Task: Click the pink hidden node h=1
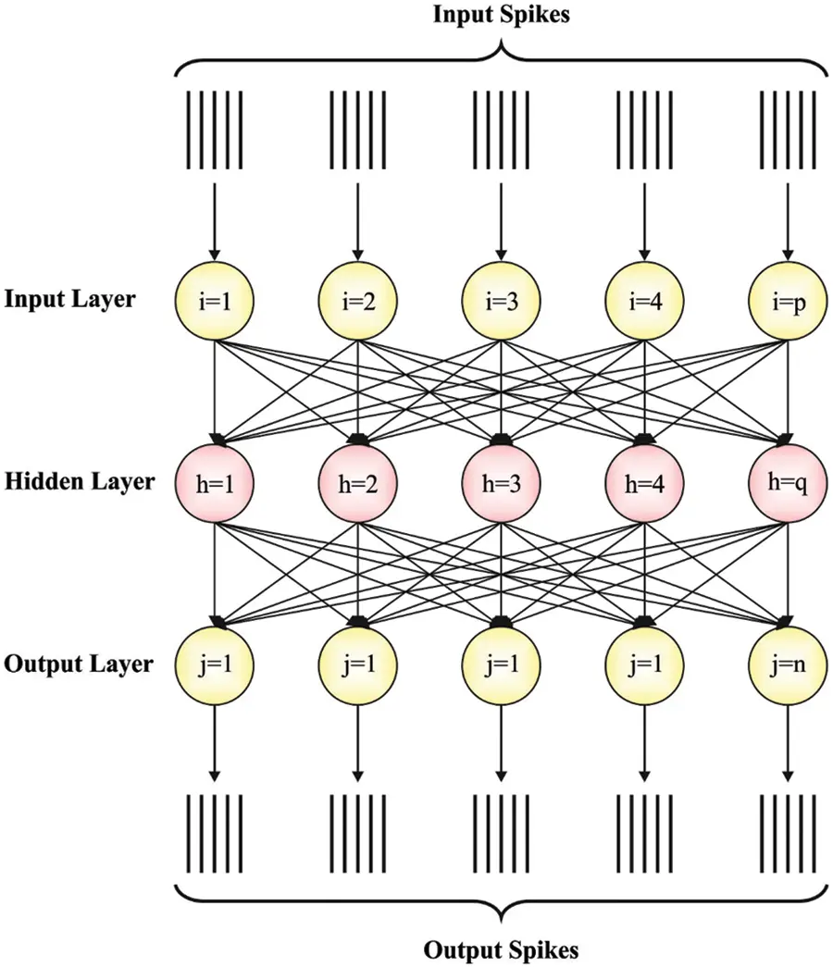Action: coord(215,482)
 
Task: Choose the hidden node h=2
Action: coord(357,482)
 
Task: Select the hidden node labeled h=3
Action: coord(501,482)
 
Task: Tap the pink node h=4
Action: coord(643,482)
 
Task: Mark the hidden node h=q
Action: coord(787,482)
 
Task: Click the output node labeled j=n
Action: coord(787,664)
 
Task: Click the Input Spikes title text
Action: coord(501,17)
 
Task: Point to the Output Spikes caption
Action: coord(501,949)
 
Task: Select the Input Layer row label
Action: coord(69,300)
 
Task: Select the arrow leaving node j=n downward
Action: coord(787,740)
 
